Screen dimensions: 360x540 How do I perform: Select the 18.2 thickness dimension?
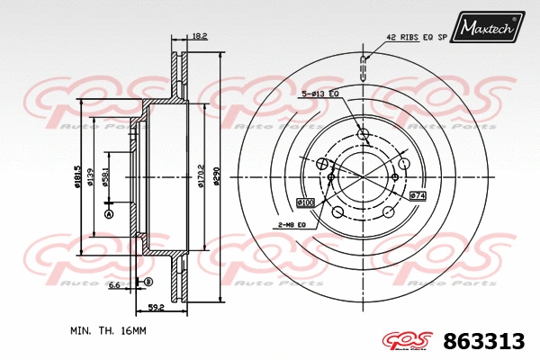pyautogui.click(x=200, y=36)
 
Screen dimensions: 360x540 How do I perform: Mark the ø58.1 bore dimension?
pyautogui.click(x=107, y=175)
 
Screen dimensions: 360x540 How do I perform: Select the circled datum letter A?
pyautogui.click(x=109, y=215)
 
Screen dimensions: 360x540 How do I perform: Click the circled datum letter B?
pyautogui.click(x=148, y=283)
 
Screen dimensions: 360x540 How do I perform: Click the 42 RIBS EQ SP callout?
pyautogui.click(x=418, y=38)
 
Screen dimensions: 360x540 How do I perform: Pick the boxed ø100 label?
pyautogui.click(x=305, y=202)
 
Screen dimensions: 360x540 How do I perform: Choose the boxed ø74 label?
pyautogui.click(x=417, y=194)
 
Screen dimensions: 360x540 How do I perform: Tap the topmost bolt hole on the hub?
pyautogui.click(x=364, y=135)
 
